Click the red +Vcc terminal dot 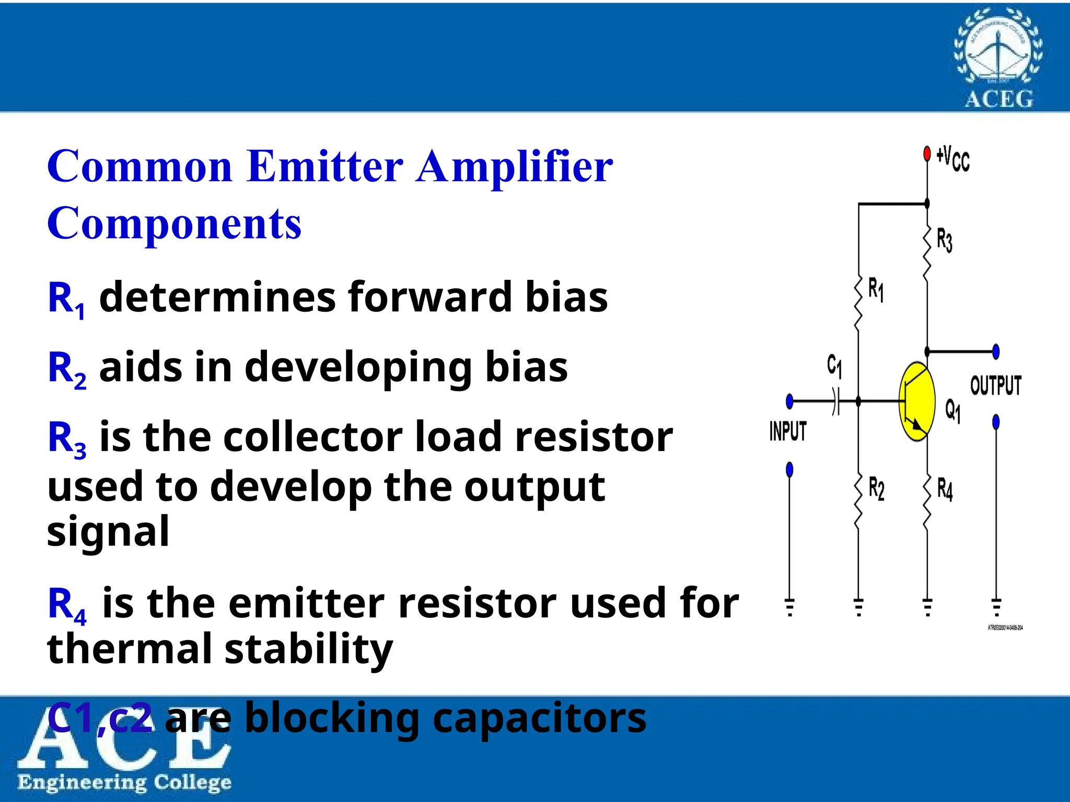coord(927,154)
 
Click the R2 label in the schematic coord(877,489)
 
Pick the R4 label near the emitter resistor coord(945,489)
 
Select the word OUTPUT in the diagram coord(996,386)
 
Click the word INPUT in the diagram coord(788,431)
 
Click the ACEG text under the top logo coord(999,99)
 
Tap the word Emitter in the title coord(325,167)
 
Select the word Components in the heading coord(175,223)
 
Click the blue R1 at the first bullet coord(66,299)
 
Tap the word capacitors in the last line coord(540,718)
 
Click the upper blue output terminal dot coord(996,351)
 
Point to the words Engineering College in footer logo coord(124,783)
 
